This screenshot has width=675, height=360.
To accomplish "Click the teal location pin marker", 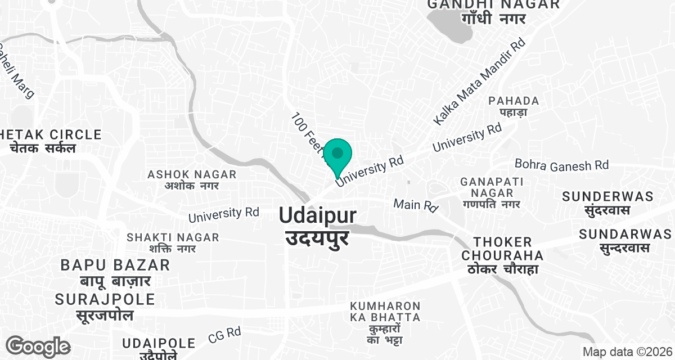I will pos(337,155).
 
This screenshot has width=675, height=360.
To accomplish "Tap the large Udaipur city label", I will pos(317,225).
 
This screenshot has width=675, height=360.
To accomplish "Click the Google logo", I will pos(38,345).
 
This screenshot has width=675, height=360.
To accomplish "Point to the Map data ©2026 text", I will pos(627,352).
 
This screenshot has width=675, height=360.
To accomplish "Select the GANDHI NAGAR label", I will pos(494,11).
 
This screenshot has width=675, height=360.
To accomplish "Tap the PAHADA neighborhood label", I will pos(514,106).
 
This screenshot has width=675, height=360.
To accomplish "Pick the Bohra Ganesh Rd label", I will pos(561,165).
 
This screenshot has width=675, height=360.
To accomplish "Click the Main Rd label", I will pos(416,205).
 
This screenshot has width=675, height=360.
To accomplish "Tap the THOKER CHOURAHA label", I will pos(503,255).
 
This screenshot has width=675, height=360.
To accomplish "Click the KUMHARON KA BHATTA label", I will pos(385,323).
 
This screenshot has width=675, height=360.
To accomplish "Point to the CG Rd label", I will pos(224,335).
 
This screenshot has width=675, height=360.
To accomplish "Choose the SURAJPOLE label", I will pos(105,307).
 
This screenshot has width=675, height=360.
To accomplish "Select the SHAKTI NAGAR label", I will pos(173,243).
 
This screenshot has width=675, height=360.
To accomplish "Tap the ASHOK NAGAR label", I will pos(192,180).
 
